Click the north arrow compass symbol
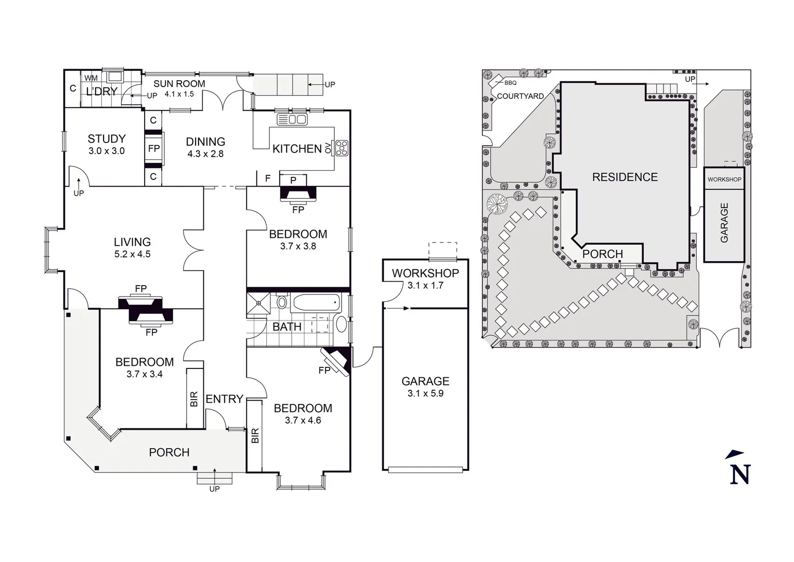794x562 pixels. pos(739,468)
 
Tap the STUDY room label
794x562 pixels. pos(107,139)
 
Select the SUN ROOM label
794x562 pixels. pos(179,84)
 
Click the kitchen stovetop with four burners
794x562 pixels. pos(342,148)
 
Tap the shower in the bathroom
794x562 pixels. pos(258,304)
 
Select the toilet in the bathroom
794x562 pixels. pos(282,302)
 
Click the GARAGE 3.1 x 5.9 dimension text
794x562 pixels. pos(425,393)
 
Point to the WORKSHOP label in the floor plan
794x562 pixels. pos(425,273)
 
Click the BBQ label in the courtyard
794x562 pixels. pos(510,83)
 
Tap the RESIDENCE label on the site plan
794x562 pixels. pos(624,177)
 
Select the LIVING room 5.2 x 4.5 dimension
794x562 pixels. pos(133,254)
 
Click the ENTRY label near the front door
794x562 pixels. pos(224,399)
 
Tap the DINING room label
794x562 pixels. pos(205,142)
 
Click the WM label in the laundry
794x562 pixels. pos(91,78)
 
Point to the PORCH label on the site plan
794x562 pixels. pos(602,254)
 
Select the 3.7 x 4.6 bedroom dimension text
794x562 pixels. pos(303,420)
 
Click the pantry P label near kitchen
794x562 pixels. pos(293,180)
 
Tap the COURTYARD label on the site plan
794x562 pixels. pos(520,96)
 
